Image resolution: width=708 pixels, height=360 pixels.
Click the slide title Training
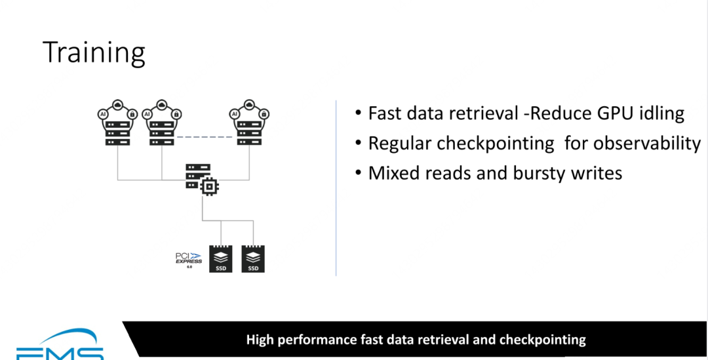tap(94, 52)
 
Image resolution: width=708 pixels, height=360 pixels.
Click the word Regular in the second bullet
tap(400, 144)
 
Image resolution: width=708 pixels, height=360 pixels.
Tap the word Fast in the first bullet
tap(384, 113)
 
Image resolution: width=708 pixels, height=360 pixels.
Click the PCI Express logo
tap(188, 257)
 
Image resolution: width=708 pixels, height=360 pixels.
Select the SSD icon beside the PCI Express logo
tap(221, 259)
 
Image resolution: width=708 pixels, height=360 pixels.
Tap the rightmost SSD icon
tap(252, 259)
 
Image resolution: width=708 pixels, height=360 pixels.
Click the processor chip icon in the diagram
tap(209, 188)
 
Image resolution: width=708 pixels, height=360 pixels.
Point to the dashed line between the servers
tap(204, 136)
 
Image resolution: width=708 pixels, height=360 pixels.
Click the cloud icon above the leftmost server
tap(117, 105)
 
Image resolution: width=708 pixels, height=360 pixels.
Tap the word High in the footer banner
tap(261, 340)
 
